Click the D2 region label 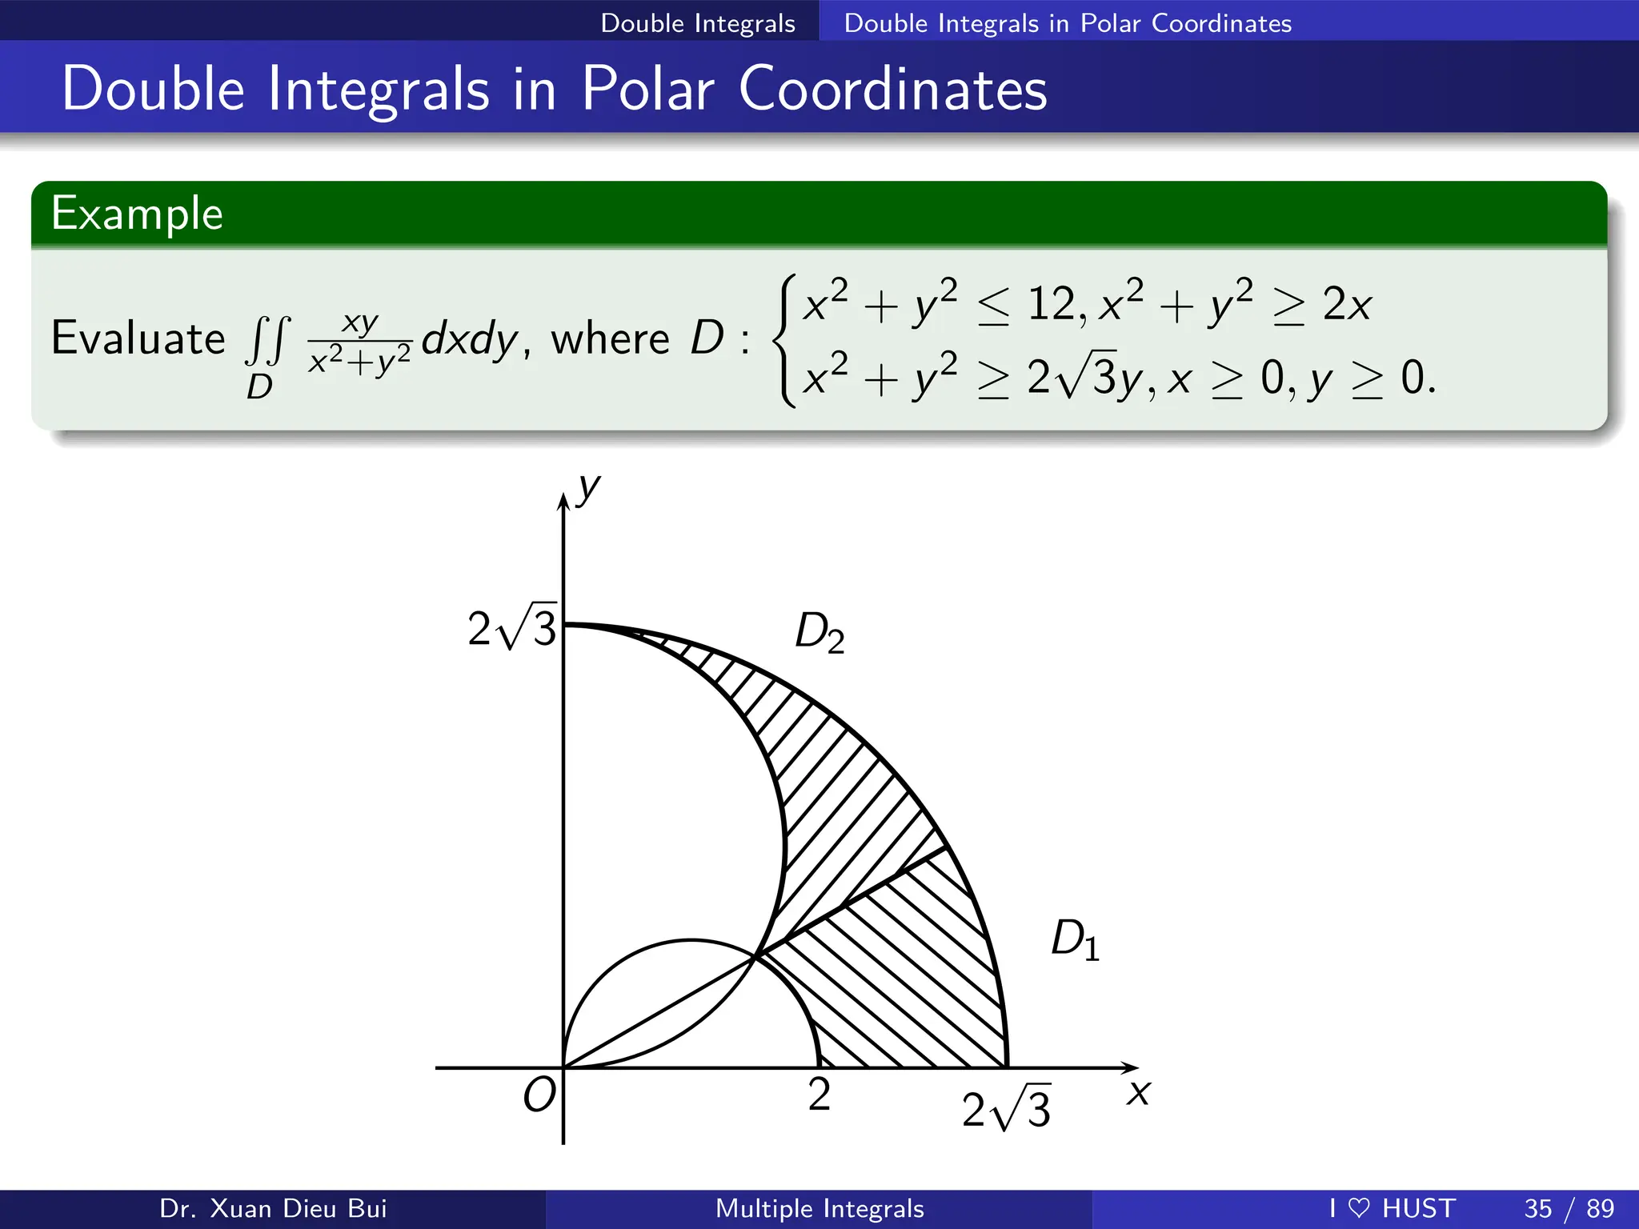(x=819, y=633)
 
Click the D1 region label (x=1075, y=939)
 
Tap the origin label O (x=539, y=1095)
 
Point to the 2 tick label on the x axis (x=819, y=1094)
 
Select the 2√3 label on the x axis (x=1006, y=1109)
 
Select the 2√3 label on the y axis (x=512, y=628)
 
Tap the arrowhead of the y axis (x=563, y=502)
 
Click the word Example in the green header (x=137, y=214)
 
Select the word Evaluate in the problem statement (x=138, y=338)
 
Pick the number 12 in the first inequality (x=1052, y=305)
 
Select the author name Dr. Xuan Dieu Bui (x=273, y=1208)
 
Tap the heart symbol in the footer (x=1359, y=1208)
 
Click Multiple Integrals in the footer (x=819, y=1208)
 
